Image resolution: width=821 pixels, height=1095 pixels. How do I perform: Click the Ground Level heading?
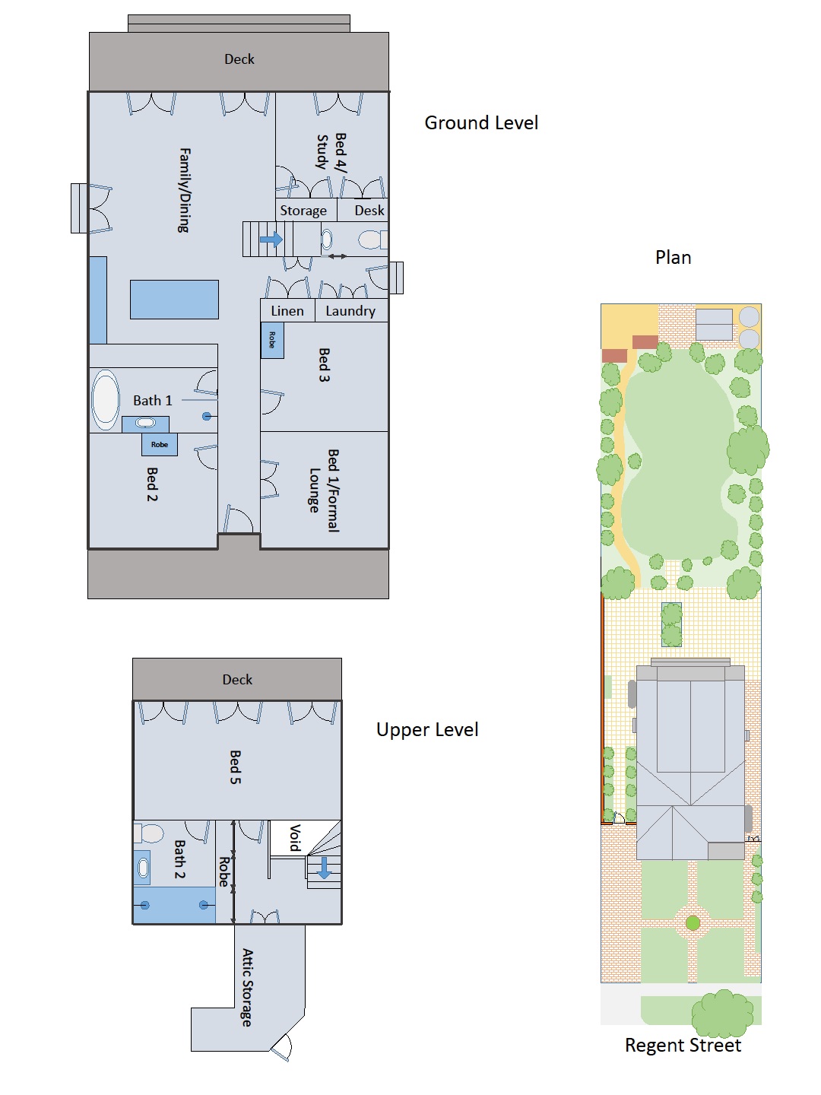click(480, 123)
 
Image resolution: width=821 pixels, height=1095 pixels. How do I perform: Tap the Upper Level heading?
click(427, 730)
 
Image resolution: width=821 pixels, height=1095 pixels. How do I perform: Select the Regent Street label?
click(683, 1046)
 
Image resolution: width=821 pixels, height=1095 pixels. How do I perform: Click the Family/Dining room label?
click(184, 190)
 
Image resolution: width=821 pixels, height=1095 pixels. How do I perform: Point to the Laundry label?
click(350, 311)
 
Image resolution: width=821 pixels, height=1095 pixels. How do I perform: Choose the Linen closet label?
click(287, 311)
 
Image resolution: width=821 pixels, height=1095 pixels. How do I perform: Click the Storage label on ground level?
click(303, 211)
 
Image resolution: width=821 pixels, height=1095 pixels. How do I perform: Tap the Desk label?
click(369, 211)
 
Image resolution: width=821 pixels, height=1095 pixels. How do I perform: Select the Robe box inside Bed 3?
click(272, 340)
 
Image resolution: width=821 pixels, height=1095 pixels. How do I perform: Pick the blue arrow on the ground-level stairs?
click(271, 240)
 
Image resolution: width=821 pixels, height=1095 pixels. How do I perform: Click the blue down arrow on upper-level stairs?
click(324, 868)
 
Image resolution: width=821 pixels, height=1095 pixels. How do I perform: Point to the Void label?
click(295, 837)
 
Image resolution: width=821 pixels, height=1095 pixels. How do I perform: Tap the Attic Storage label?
click(247, 987)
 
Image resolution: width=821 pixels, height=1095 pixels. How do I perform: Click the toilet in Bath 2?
click(151, 833)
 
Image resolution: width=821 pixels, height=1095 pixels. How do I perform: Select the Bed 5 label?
click(236, 767)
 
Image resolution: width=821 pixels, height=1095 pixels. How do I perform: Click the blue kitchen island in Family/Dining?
click(174, 300)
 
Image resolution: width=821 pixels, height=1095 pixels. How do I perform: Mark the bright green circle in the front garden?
click(693, 923)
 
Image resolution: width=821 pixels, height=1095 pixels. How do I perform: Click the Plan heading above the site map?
click(673, 258)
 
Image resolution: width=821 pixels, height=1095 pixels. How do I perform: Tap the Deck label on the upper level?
click(237, 680)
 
